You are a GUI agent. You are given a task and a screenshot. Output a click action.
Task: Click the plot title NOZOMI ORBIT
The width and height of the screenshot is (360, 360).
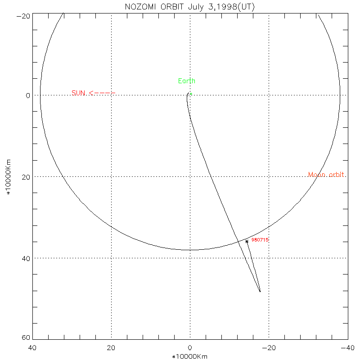point(151,7)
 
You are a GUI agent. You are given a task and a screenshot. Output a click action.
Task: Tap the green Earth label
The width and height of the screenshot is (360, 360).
point(187,81)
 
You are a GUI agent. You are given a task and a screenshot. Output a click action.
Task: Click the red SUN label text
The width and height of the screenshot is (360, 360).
point(78,93)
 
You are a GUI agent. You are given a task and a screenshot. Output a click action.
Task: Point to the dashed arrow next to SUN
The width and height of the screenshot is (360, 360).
point(102,93)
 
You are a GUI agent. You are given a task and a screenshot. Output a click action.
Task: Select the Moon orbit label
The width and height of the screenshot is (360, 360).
point(327,175)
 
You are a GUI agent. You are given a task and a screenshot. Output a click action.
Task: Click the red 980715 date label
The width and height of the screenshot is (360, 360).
point(260,240)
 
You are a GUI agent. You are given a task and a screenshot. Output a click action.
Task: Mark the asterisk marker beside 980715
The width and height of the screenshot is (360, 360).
point(247,241)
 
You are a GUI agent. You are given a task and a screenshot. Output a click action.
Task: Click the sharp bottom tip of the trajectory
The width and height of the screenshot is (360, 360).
point(260,292)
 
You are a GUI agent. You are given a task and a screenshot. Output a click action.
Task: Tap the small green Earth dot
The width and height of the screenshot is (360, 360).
point(191,94)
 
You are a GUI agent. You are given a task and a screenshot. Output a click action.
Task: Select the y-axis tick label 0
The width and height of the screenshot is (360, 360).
point(28,95)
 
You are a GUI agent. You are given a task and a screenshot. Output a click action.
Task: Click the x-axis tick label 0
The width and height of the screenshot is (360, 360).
point(190,348)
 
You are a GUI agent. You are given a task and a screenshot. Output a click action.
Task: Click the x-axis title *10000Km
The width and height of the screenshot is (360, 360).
point(190,356)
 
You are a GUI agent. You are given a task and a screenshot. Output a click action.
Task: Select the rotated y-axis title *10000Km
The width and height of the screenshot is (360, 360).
point(8,177)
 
